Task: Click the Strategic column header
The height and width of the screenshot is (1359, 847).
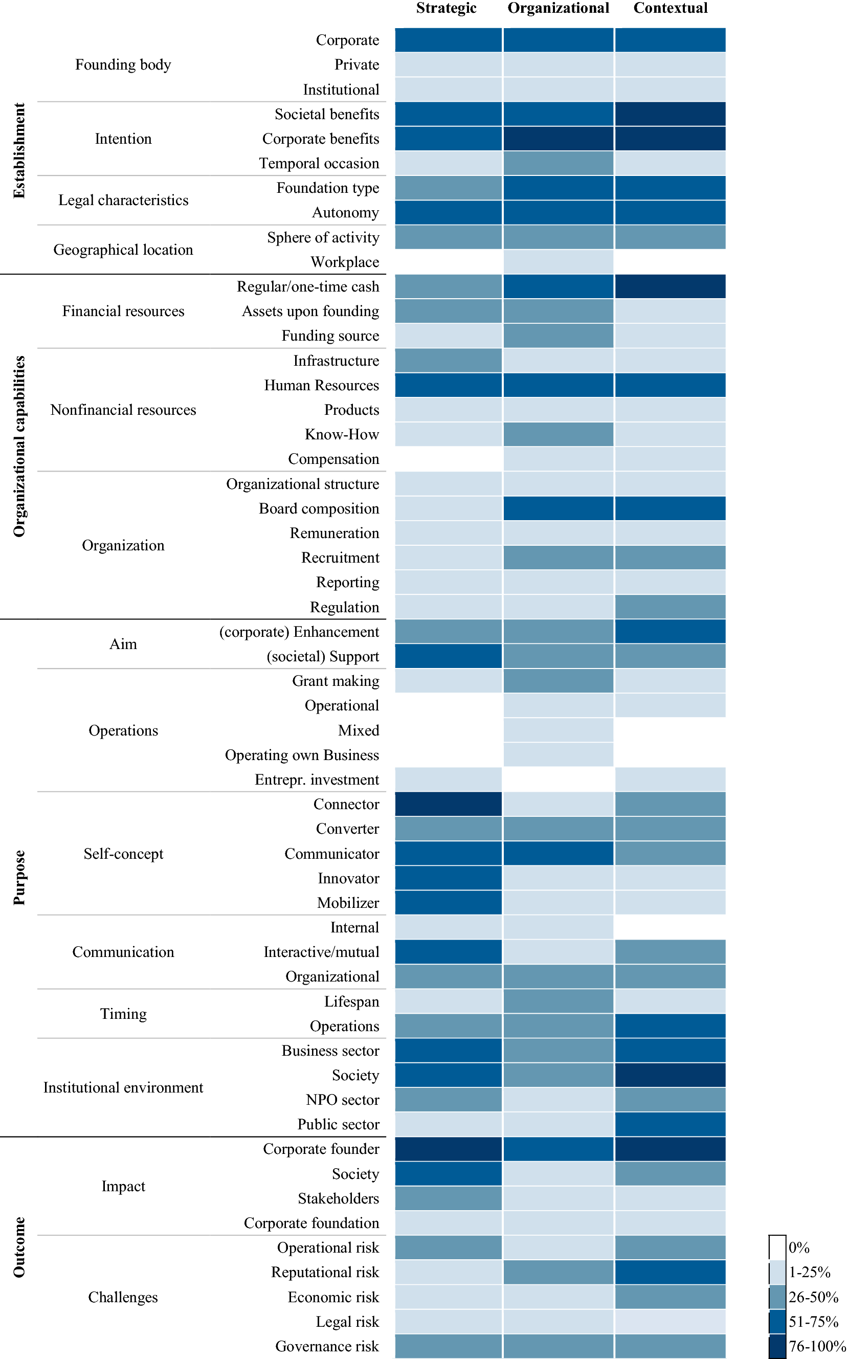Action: (446, 8)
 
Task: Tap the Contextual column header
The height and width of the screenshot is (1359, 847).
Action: (670, 8)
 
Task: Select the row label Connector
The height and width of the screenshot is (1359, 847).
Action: (346, 804)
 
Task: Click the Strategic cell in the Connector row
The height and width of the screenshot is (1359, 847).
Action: (448, 804)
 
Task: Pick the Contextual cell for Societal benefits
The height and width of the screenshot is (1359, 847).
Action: (670, 114)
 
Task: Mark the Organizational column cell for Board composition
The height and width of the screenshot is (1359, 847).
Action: (558, 508)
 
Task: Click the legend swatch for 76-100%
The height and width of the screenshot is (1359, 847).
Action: (777, 1346)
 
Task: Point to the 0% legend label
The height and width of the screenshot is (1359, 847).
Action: (799, 1247)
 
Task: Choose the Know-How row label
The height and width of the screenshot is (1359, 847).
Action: (342, 434)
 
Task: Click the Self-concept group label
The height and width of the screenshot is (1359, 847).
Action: (123, 853)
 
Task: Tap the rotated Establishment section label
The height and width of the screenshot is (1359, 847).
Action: (19, 150)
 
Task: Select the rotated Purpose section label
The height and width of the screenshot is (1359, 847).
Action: (19, 877)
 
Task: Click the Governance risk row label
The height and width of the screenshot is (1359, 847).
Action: (327, 1346)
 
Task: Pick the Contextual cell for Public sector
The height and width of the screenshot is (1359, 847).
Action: (670, 1124)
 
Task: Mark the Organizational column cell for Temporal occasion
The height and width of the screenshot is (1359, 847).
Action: (558, 163)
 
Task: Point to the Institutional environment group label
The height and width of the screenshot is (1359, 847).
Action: (123, 1087)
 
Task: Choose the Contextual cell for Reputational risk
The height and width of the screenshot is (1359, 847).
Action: (670, 1272)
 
